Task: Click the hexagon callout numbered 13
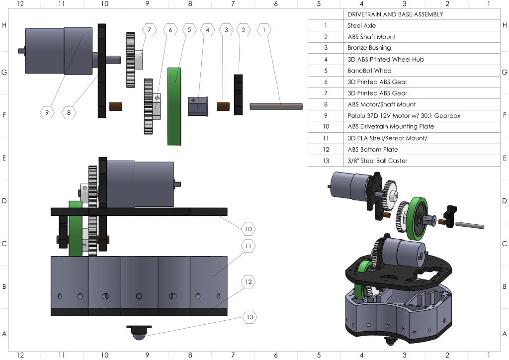pos(250,317)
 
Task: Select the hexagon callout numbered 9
pos(47,113)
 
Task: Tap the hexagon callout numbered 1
pos(264,30)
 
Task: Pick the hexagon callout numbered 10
pos(248,229)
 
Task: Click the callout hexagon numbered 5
pos(189,30)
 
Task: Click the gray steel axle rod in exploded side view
pos(276,106)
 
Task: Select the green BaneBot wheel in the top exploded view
pos(174,106)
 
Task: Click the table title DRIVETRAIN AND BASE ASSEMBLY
pos(395,14)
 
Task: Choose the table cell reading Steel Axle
pos(362,25)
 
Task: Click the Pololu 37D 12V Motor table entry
pos(404,115)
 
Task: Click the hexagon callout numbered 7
pos(150,30)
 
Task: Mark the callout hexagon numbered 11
pos(248,246)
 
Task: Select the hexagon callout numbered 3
pos(226,30)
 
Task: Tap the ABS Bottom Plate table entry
pos(373,149)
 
